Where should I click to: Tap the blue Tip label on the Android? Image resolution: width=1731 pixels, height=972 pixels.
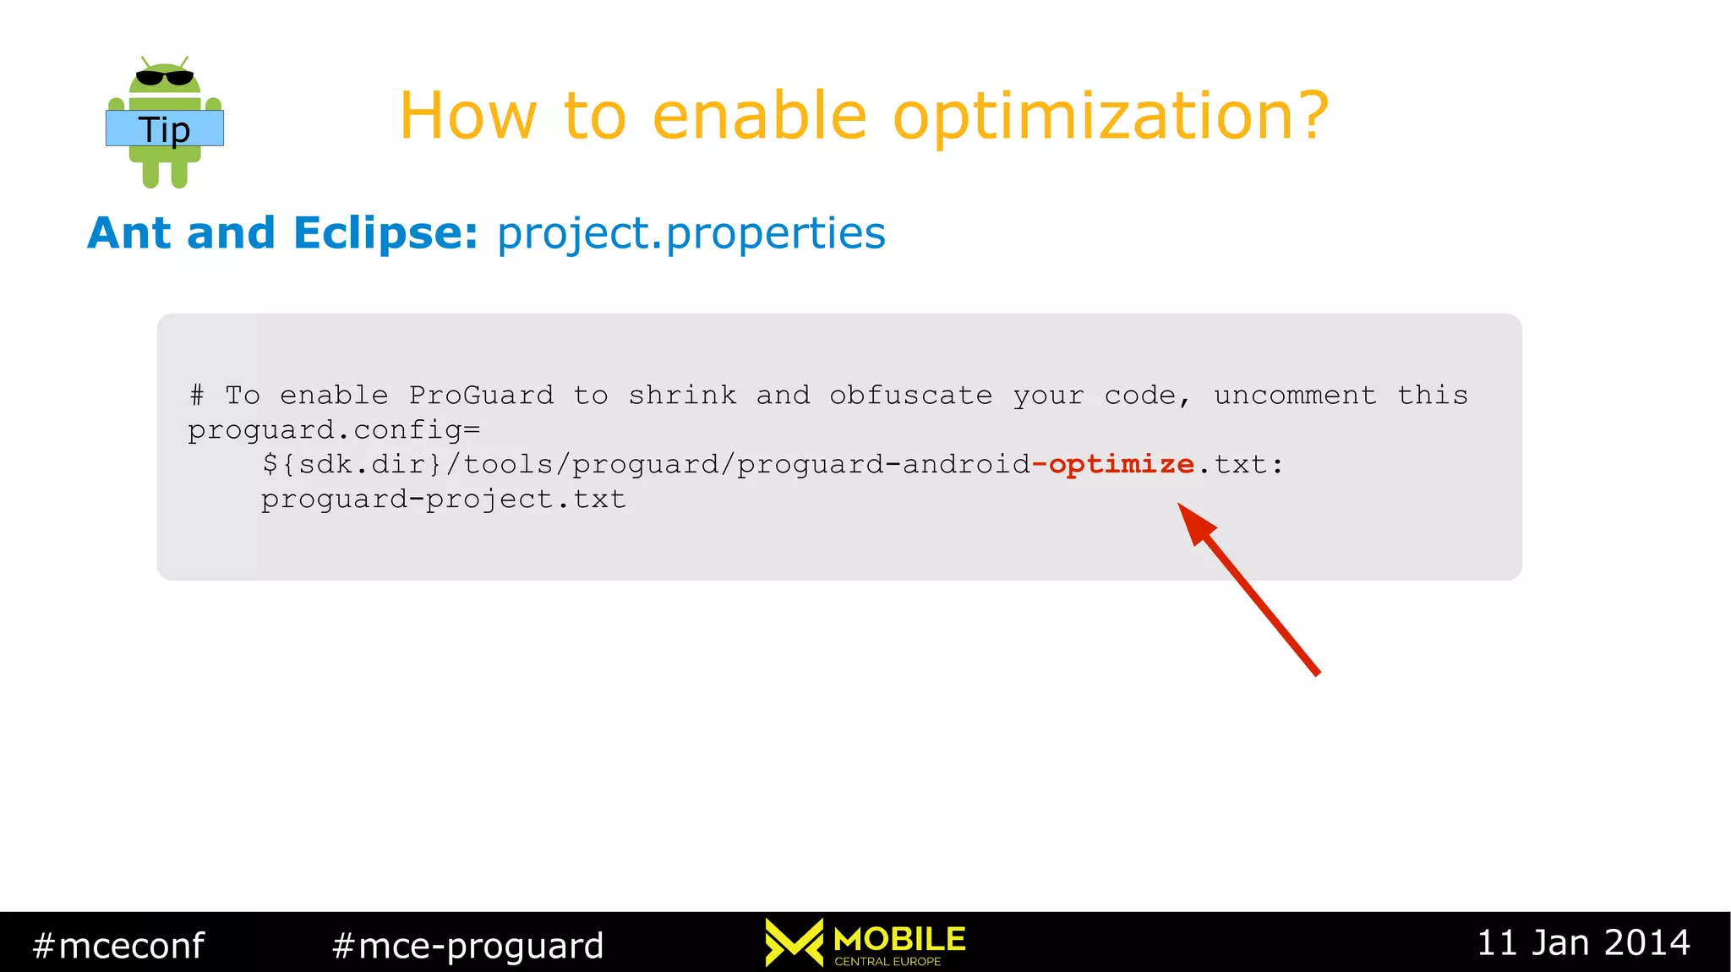tap(165, 128)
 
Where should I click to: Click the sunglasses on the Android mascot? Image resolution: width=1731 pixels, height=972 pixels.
tap(165, 78)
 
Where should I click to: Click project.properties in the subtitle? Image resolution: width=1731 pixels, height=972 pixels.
tap(691, 234)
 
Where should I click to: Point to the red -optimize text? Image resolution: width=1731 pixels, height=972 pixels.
tap(1112, 465)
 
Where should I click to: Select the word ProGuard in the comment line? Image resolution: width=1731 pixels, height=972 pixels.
tap(481, 395)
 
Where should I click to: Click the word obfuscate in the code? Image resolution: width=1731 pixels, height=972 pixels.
tap(910, 395)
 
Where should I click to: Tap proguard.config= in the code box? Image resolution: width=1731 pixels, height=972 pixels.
tap(334, 430)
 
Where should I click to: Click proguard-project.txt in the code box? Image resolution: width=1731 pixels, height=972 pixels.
tap(443, 500)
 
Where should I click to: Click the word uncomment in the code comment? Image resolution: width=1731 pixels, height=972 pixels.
tap(1295, 395)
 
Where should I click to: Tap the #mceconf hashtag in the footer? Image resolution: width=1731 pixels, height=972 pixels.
tap(118, 945)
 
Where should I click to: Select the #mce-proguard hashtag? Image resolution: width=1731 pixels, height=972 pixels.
tap(467, 945)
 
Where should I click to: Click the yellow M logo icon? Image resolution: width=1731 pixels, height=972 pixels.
tap(793, 942)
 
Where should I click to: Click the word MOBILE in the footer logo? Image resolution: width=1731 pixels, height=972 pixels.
tap(898, 938)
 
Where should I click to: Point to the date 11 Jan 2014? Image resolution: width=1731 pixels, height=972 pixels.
tap(1582, 942)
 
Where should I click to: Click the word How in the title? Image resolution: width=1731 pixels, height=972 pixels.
tap(467, 117)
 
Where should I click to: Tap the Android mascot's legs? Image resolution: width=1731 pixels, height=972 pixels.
tap(165, 172)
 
